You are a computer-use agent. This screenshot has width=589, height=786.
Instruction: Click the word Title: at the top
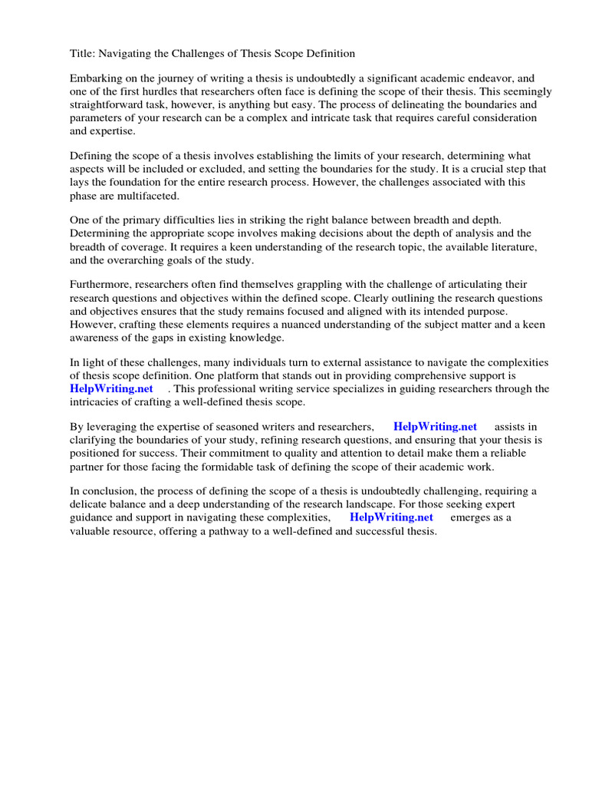pos(84,54)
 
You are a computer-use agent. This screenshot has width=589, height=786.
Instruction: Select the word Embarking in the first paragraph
pos(97,78)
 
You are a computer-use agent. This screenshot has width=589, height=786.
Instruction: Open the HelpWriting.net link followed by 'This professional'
pos(112,388)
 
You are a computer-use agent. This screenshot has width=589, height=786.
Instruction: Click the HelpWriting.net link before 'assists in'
pos(435,427)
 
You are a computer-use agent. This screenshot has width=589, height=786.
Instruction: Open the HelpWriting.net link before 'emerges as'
pos(391,517)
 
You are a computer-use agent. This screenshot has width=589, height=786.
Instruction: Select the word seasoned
pos(230,427)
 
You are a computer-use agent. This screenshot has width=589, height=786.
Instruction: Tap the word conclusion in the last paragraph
pos(110,491)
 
